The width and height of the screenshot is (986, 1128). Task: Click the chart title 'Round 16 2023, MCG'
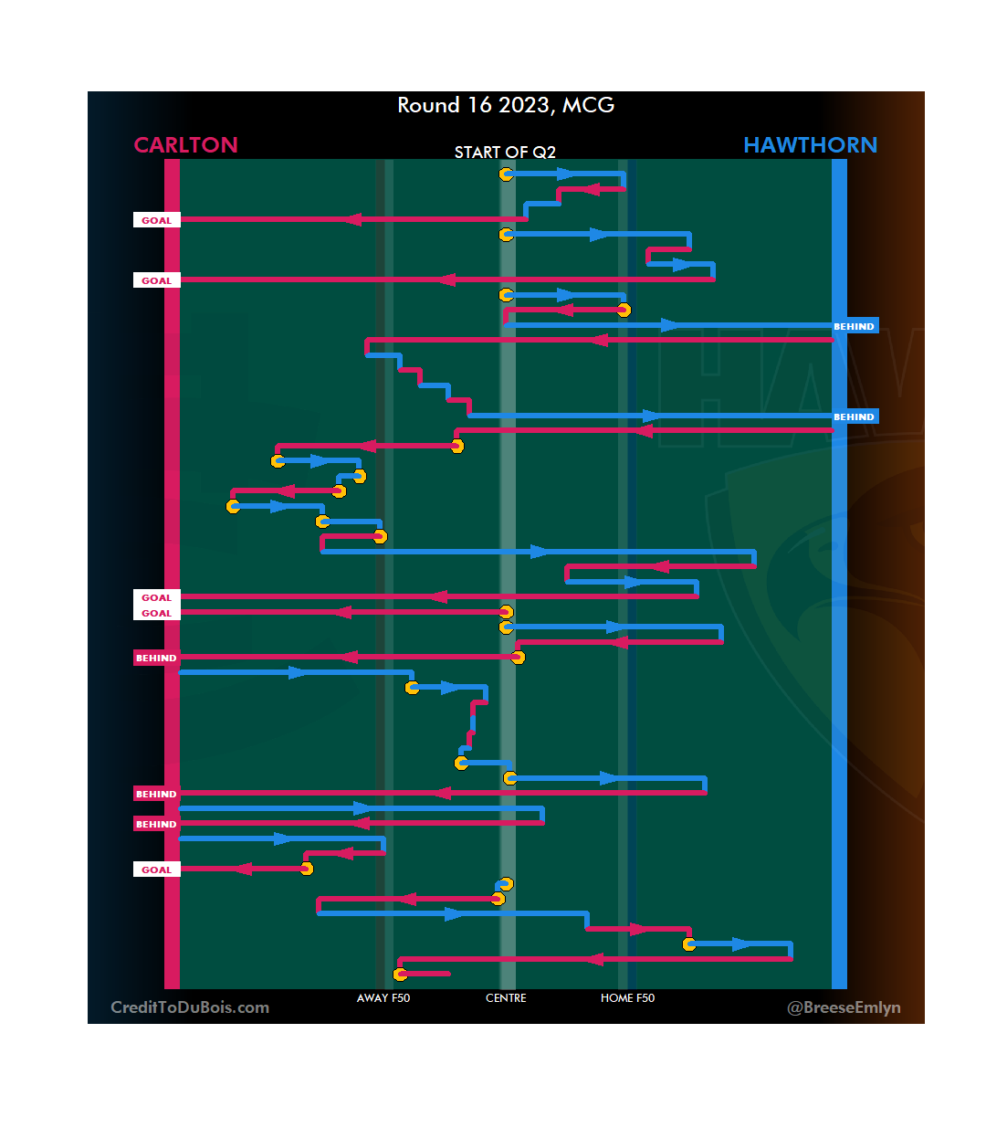point(506,105)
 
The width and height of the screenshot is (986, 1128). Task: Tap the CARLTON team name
point(185,145)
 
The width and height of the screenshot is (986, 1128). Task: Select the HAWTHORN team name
point(810,145)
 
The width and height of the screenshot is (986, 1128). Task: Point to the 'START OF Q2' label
point(505,152)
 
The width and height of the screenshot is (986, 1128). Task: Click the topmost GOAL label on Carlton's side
point(156,220)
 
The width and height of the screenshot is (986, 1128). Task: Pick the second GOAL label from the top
point(156,280)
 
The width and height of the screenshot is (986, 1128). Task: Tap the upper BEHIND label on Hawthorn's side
point(854,326)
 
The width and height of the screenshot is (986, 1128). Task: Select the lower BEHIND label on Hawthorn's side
point(854,416)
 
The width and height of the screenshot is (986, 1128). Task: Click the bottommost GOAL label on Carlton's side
point(156,870)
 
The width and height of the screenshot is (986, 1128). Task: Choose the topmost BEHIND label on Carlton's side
point(156,658)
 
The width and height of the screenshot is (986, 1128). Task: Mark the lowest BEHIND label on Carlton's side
point(156,824)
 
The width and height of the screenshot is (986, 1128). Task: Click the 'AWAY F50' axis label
point(383,998)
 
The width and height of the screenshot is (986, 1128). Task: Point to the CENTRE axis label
point(506,998)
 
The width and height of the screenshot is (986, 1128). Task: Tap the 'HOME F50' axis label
point(627,998)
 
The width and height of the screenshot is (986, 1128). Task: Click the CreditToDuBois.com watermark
point(190,1007)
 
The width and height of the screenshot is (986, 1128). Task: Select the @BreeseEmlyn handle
point(844,1007)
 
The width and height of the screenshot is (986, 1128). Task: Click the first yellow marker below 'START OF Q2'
point(506,174)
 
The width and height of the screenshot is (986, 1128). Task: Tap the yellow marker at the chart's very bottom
point(400,975)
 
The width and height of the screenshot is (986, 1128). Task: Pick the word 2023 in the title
point(524,105)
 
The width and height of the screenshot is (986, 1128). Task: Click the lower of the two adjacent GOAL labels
point(156,614)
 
